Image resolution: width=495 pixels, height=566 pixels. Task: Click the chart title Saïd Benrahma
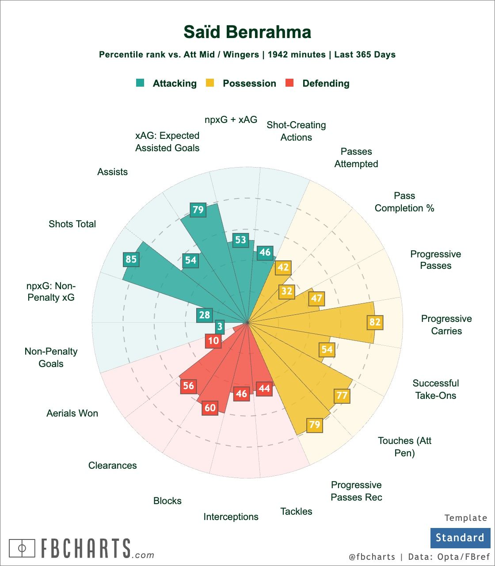247,32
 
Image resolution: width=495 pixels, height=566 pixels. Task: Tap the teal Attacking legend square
140,83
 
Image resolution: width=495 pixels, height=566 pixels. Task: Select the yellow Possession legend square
210,83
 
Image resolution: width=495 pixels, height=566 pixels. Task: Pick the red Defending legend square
289,83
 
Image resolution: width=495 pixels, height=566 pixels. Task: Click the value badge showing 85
131,259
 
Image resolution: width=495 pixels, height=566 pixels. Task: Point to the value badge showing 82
375,322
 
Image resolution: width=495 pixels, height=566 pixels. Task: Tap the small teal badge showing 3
220,327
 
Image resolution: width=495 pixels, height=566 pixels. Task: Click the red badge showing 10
213,341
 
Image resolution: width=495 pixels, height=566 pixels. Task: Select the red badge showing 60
210,407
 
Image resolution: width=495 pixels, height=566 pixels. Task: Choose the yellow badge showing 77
342,395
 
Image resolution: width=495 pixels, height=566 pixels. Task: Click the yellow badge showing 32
287,291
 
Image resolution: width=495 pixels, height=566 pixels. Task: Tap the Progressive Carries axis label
446,325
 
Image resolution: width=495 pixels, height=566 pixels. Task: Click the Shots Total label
72,224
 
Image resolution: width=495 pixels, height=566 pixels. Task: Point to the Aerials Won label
72,413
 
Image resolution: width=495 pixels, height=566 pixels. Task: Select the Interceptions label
231,516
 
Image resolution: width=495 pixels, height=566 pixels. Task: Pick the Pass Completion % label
404,202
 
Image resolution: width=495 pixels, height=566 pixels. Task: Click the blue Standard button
460,538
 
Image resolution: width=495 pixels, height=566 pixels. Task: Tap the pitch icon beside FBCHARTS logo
22,548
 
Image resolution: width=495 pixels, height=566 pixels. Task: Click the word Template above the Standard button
466,518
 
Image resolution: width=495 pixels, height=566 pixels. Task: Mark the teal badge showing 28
204,315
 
